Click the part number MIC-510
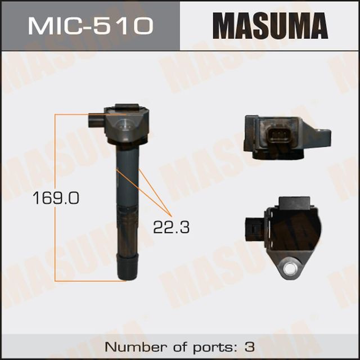pos(89,26)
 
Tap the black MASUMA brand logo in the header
pos(270,26)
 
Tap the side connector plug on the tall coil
pos(95,120)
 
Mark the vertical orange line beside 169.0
pos(54,163)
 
